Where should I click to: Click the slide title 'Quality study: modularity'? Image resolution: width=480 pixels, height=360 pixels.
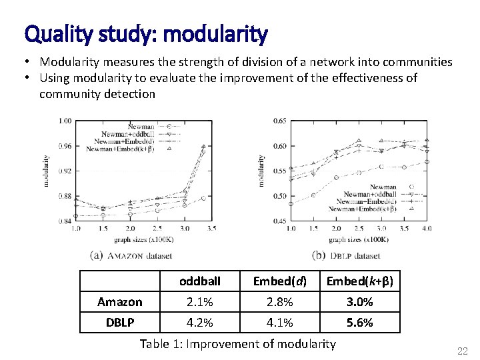(146, 33)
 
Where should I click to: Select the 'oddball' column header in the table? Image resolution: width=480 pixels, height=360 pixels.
(199, 281)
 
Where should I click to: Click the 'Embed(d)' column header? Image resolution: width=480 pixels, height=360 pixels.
(279, 281)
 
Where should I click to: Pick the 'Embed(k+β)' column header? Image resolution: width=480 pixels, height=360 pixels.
(359, 281)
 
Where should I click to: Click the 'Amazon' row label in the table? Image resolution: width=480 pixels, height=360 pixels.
(120, 302)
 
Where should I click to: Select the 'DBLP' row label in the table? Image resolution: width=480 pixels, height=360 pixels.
(120, 323)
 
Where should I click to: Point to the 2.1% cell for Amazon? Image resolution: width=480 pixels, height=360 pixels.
(199, 302)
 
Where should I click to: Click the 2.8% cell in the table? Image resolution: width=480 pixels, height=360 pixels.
(279, 302)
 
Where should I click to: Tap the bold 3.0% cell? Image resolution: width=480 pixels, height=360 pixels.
(359, 302)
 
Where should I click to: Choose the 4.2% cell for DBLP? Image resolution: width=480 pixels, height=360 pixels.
(199, 323)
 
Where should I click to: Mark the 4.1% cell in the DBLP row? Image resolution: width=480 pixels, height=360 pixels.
(279, 323)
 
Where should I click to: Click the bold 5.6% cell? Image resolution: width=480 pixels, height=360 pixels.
(359, 323)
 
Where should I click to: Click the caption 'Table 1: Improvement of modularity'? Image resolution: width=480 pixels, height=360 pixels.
(238, 344)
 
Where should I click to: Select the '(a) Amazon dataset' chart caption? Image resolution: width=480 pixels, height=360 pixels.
(131, 255)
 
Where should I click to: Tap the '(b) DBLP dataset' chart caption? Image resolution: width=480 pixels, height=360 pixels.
(346, 255)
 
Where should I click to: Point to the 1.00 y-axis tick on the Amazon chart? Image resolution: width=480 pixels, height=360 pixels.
(65, 121)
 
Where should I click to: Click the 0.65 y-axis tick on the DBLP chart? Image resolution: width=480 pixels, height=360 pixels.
(280, 121)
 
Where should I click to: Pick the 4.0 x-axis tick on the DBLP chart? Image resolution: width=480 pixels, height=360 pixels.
(427, 228)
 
